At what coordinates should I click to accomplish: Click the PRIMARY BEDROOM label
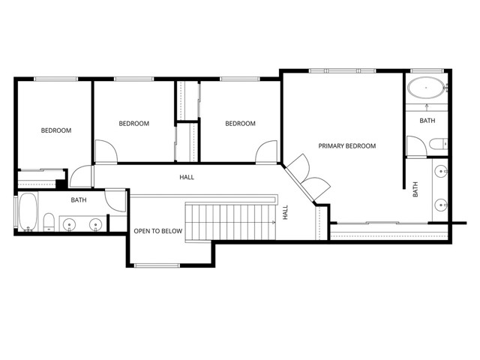(x=346, y=145)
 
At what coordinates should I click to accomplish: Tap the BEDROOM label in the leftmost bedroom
(x=55, y=130)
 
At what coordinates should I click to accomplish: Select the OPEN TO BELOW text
(x=157, y=231)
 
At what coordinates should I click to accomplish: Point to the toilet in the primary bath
(x=438, y=143)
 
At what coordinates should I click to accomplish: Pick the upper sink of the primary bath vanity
(x=442, y=171)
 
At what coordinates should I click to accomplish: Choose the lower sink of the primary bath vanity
(x=442, y=203)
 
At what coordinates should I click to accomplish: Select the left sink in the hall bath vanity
(x=70, y=223)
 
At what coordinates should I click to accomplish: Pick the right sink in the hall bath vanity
(x=95, y=223)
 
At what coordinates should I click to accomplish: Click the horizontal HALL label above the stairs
(x=186, y=178)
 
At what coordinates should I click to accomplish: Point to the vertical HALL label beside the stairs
(x=286, y=212)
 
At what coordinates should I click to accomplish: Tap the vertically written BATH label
(x=415, y=191)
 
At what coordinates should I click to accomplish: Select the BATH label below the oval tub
(x=427, y=120)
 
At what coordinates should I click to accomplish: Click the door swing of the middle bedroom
(x=106, y=153)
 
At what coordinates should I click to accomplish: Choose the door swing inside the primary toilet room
(x=413, y=145)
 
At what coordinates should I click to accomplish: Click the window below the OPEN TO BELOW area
(x=157, y=265)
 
